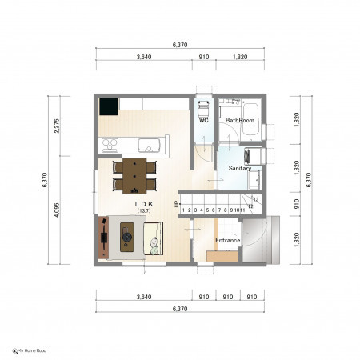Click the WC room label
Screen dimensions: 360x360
click(204, 121)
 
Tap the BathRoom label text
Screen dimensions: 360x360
click(240, 120)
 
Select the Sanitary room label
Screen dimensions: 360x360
click(240, 168)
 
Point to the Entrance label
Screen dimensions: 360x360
click(227, 240)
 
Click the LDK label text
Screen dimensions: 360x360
click(144, 204)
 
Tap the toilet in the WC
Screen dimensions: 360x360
click(204, 109)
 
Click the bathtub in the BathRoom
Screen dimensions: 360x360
click(250, 119)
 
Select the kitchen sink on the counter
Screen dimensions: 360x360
click(149, 146)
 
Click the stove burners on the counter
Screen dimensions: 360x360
click(110, 146)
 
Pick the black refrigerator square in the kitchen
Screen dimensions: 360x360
click(109, 106)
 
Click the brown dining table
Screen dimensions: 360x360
click(134, 176)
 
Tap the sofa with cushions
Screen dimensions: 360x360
click(154, 238)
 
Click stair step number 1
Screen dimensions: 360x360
click(183, 210)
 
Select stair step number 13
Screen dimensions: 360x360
click(256, 199)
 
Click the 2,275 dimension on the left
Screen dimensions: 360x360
click(57, 126)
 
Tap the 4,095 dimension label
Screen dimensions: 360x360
click(57, 210)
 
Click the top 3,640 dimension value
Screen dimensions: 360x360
click(144, 57)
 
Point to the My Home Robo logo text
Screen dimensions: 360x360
click(32, 350)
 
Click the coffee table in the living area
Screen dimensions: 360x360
click(127, 238)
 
